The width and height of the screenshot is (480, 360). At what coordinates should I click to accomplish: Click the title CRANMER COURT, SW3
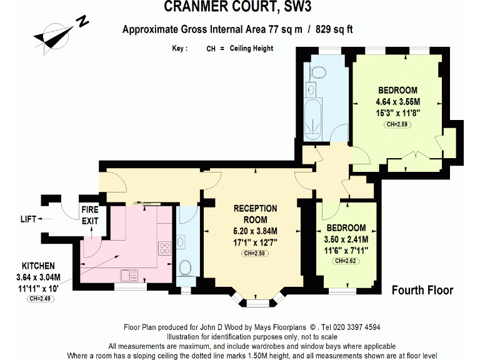coord(237,7)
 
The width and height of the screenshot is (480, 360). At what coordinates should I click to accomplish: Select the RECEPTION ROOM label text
coord(255,214)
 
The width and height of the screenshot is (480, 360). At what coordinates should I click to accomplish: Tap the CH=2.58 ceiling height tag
coord(255,253)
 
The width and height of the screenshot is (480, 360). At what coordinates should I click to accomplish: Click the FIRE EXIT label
coord(90,215)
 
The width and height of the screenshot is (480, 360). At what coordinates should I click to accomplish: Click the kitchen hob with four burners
coord(165,248)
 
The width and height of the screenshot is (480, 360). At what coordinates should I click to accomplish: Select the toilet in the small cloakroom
coord(185,267)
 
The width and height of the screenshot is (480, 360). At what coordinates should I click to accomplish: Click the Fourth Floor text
coord(422,290)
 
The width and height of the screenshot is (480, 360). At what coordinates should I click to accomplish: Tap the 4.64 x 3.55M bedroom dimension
coord(397,102)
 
